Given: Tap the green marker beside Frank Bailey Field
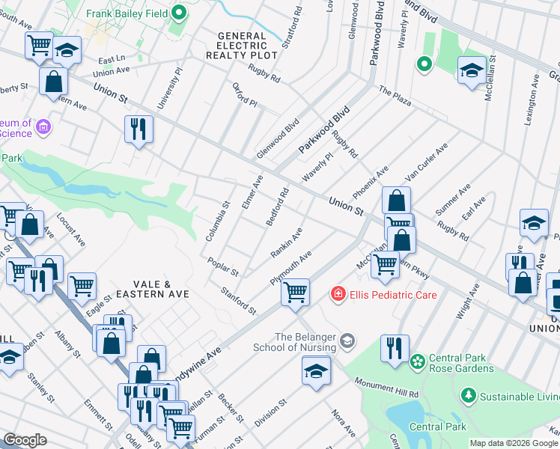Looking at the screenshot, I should (x=179, y=13).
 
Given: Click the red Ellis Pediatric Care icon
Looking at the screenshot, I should (x=339, y=294).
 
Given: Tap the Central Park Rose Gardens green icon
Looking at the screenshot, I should (x=416, y=361).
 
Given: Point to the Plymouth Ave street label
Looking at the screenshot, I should (x=290, y=268).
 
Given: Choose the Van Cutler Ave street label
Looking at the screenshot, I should (x=426, y=162).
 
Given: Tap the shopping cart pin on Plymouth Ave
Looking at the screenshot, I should (x=296, y=291).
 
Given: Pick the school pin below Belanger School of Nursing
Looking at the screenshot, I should (x=316, y=370).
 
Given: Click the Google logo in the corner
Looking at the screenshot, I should (x=25, y=440).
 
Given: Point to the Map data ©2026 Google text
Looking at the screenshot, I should (x=513, y=443).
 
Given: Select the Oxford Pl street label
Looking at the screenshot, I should (x=245, y=95).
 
